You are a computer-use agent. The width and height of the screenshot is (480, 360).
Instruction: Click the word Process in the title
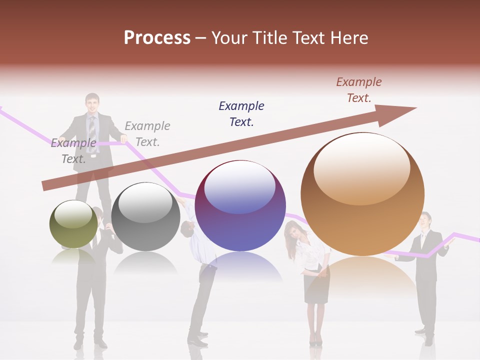157,38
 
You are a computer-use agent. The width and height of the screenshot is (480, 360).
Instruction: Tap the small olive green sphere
73,224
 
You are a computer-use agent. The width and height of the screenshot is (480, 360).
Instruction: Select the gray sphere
145,216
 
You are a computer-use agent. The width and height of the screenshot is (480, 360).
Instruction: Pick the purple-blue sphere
240,205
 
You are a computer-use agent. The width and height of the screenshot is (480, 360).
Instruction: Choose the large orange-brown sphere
362,194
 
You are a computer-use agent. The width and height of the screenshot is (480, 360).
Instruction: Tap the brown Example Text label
359,90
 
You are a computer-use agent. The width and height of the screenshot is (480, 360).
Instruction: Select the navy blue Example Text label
241,113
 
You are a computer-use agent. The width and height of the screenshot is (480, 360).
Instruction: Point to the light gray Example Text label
147,133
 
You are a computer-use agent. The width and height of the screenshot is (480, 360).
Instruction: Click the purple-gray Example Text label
73,151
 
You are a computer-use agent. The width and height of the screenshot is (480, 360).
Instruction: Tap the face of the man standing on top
92,103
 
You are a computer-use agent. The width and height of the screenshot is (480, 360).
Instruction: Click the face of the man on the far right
425,221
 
